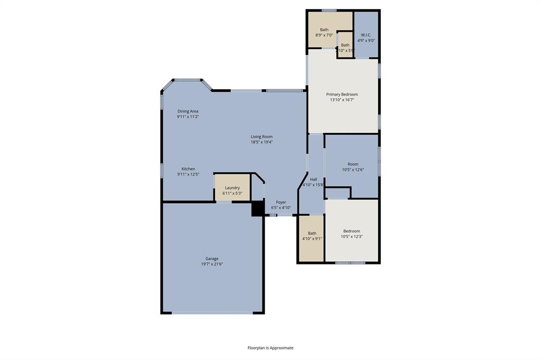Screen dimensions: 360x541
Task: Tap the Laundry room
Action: coord(232,187)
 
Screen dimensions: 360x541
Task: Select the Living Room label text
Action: coord(262,137)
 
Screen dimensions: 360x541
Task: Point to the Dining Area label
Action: coord(188,111)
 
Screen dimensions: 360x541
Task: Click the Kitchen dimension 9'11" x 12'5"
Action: coord(188,174)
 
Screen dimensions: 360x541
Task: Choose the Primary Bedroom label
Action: coord(342,94)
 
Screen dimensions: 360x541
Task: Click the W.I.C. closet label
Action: coord(366,35)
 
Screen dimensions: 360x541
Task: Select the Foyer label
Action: coord(281,202)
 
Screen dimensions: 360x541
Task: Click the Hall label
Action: coord(313,179)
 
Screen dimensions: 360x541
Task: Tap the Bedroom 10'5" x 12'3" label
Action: coord(351,231)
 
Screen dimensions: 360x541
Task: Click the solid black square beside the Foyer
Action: coord(257,209)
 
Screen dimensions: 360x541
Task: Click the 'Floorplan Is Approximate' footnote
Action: coord(270,348)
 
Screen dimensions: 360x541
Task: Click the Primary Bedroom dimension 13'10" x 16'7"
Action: coord(342,100)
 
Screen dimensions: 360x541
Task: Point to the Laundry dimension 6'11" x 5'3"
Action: coord(232,193)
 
